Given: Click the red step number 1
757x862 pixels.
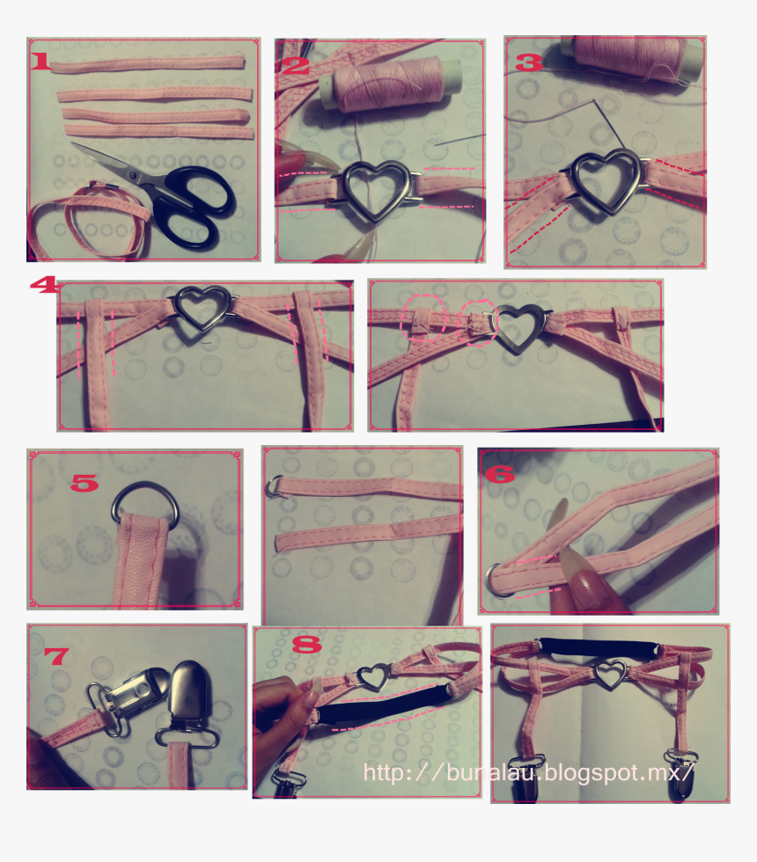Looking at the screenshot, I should tap(40, 62).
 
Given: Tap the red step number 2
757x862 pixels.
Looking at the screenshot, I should tap(297, 66).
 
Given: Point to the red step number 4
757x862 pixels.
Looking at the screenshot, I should tap(43, 285).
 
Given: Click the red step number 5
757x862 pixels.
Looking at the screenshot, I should tap(85, 482).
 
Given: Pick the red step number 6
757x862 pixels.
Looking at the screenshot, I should tap(499, 475).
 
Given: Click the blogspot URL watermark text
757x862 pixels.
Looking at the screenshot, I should tap(529, 772).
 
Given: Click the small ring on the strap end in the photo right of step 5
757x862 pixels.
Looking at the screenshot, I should tap(275, 485).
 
